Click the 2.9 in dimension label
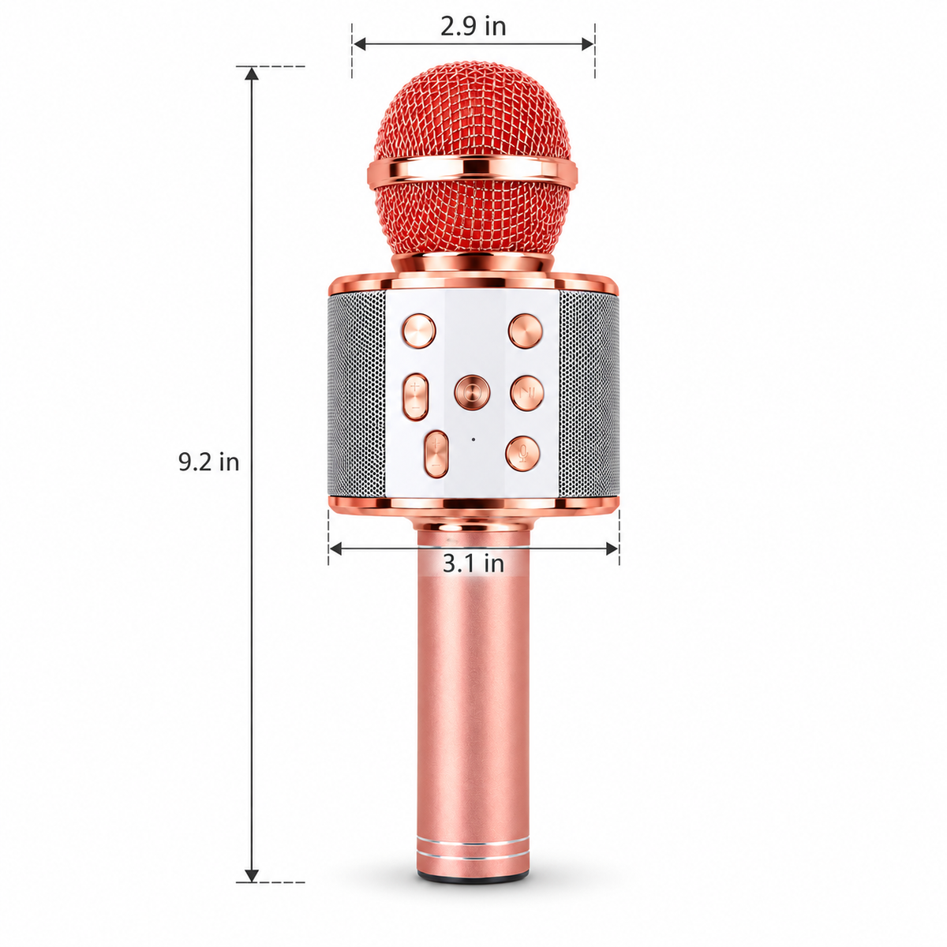pyautogui.click(x=472, y=27)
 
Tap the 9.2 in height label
pyautogui.click(x=208, y=462)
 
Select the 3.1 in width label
pyautogui.click(x=473, y=563)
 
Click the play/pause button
pyautogui.click(x=527, y=393)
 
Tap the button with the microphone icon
pyautogui.click(x=523, y=453)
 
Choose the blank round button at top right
pyautogui.click(x=525, y=331)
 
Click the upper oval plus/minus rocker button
pyautogui.click(x=416, y=397)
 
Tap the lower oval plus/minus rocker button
pyautogui.click(x=436, y=454)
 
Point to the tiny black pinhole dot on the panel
pyautogui.click(x=473, y=439)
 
